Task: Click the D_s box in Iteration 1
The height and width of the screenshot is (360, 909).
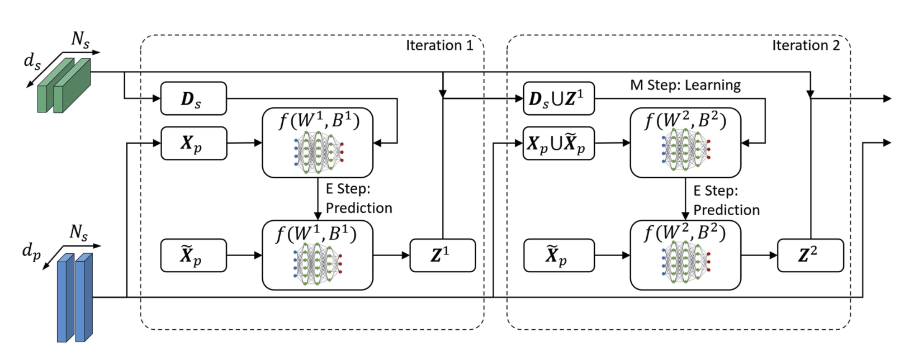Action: pyautogui.click(x=193, y=99)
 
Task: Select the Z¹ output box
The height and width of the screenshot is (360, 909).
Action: pyautogui.click(x=442, y=255)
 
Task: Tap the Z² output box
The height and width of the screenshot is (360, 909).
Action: pyautogui.click(x=810, y=255)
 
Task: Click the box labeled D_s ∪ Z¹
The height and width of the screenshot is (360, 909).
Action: pyautogui.click(x=558, y=99)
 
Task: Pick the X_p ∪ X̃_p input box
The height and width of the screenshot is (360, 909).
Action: pyautogui.click(x=558, y=144)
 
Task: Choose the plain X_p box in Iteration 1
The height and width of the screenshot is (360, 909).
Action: pyautogui.click(x=193, y=144)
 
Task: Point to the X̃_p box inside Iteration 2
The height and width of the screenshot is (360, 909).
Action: pyautogui.click(x=558, y=255)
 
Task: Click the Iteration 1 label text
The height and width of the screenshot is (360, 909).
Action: pyautogui.click(x=439, y=46)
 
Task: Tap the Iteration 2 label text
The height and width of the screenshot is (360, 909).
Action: pyautogui.click(x=806, y=46)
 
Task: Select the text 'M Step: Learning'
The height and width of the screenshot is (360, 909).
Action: pyautogui.click(x=685, y=85)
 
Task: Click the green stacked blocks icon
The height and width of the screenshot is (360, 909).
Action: pyautogui.click(x=63, y=85)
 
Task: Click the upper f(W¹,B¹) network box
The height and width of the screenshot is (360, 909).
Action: pyautogui.click(x=318, y=143)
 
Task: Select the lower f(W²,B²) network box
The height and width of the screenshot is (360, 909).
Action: pyautogui.click(x=685, y=255)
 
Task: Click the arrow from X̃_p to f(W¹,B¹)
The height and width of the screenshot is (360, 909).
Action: pyautogui.click(x=244, y=255)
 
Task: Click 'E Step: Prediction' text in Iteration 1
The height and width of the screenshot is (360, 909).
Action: pyautogui.click(x=358, y=198)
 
